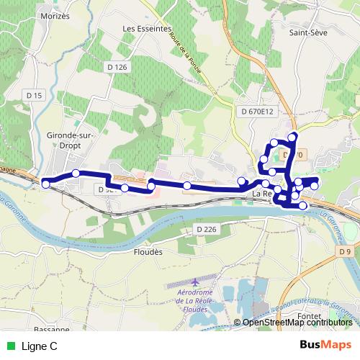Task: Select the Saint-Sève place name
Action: [309, 32]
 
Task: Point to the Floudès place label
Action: [148, 253]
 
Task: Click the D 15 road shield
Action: [34, 95]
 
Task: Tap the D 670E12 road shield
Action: [257, 112]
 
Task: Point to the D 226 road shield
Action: [206, 229]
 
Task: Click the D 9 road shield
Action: [346, 251]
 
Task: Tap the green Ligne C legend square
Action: [9, 346]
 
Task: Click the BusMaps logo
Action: [325, 346]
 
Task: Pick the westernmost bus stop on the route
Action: [46, 184]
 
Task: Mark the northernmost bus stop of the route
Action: [292, 137]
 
